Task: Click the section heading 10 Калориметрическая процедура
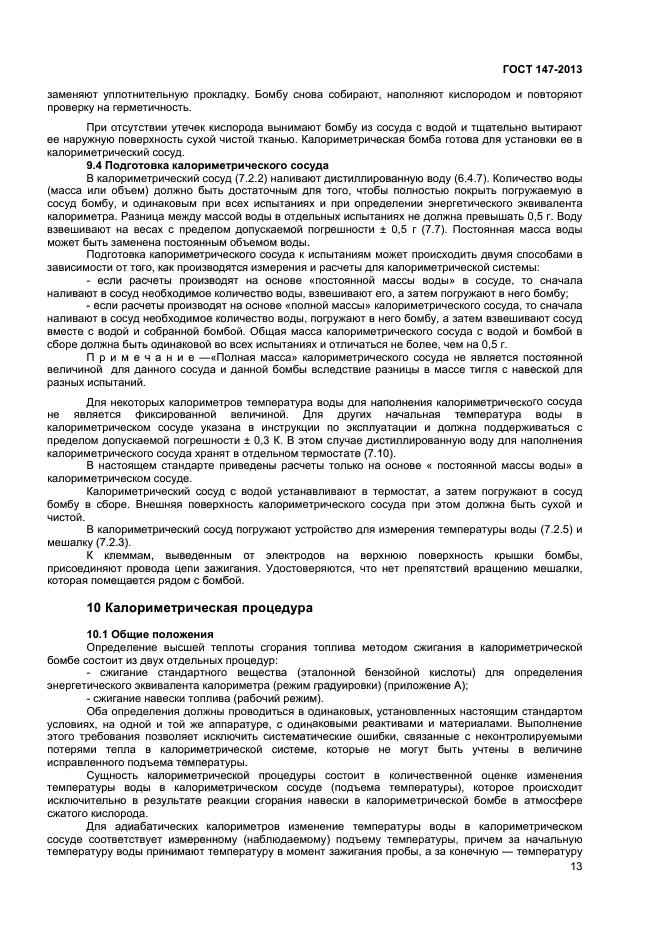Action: pyautogui.click(x=200, y=607)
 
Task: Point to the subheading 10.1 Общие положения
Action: pyautogui.click(x=150, y=635)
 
